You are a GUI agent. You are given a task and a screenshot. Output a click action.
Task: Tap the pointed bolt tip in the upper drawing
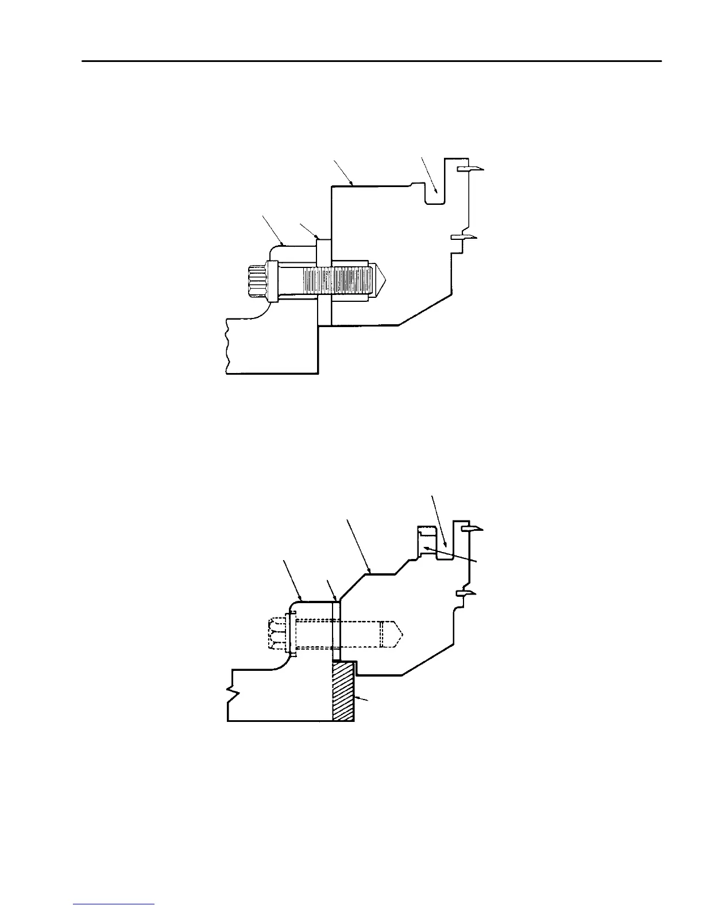381,282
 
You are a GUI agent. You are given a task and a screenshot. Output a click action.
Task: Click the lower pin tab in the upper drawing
463,237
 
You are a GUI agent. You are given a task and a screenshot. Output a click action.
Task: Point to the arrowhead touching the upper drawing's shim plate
316,236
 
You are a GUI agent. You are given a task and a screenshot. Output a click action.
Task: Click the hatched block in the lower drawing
344,692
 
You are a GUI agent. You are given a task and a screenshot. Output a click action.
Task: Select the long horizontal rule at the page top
372,60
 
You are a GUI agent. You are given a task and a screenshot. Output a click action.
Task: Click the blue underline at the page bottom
114,905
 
